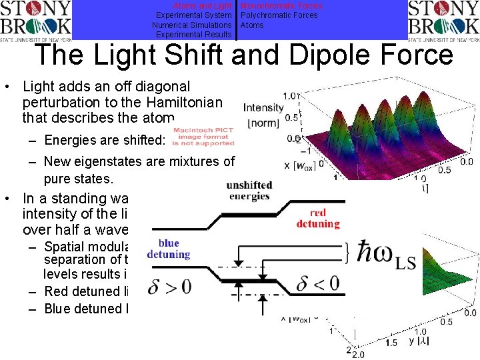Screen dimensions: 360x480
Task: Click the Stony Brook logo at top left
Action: click(x=36, y=20)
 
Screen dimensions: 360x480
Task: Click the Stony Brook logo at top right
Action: click(x=443, y=20)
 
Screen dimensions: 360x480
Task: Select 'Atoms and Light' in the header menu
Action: click(x=202, y=5)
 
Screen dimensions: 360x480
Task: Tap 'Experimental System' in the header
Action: click(x=193, y=15)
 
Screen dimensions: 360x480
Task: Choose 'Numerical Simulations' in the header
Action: click(x=191, y=25)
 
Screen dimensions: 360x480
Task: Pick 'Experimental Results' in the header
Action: click(x=193, y=35)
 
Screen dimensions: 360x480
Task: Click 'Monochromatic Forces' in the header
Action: click(x=281, y=5)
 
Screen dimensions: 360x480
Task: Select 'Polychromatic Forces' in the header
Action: click(x=279, y=15)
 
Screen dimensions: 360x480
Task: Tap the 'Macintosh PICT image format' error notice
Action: click(x=203, y=137)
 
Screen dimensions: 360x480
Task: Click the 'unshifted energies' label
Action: click(x=248, y=190)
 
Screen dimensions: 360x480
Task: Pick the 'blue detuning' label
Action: click(x=169, y=249)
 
